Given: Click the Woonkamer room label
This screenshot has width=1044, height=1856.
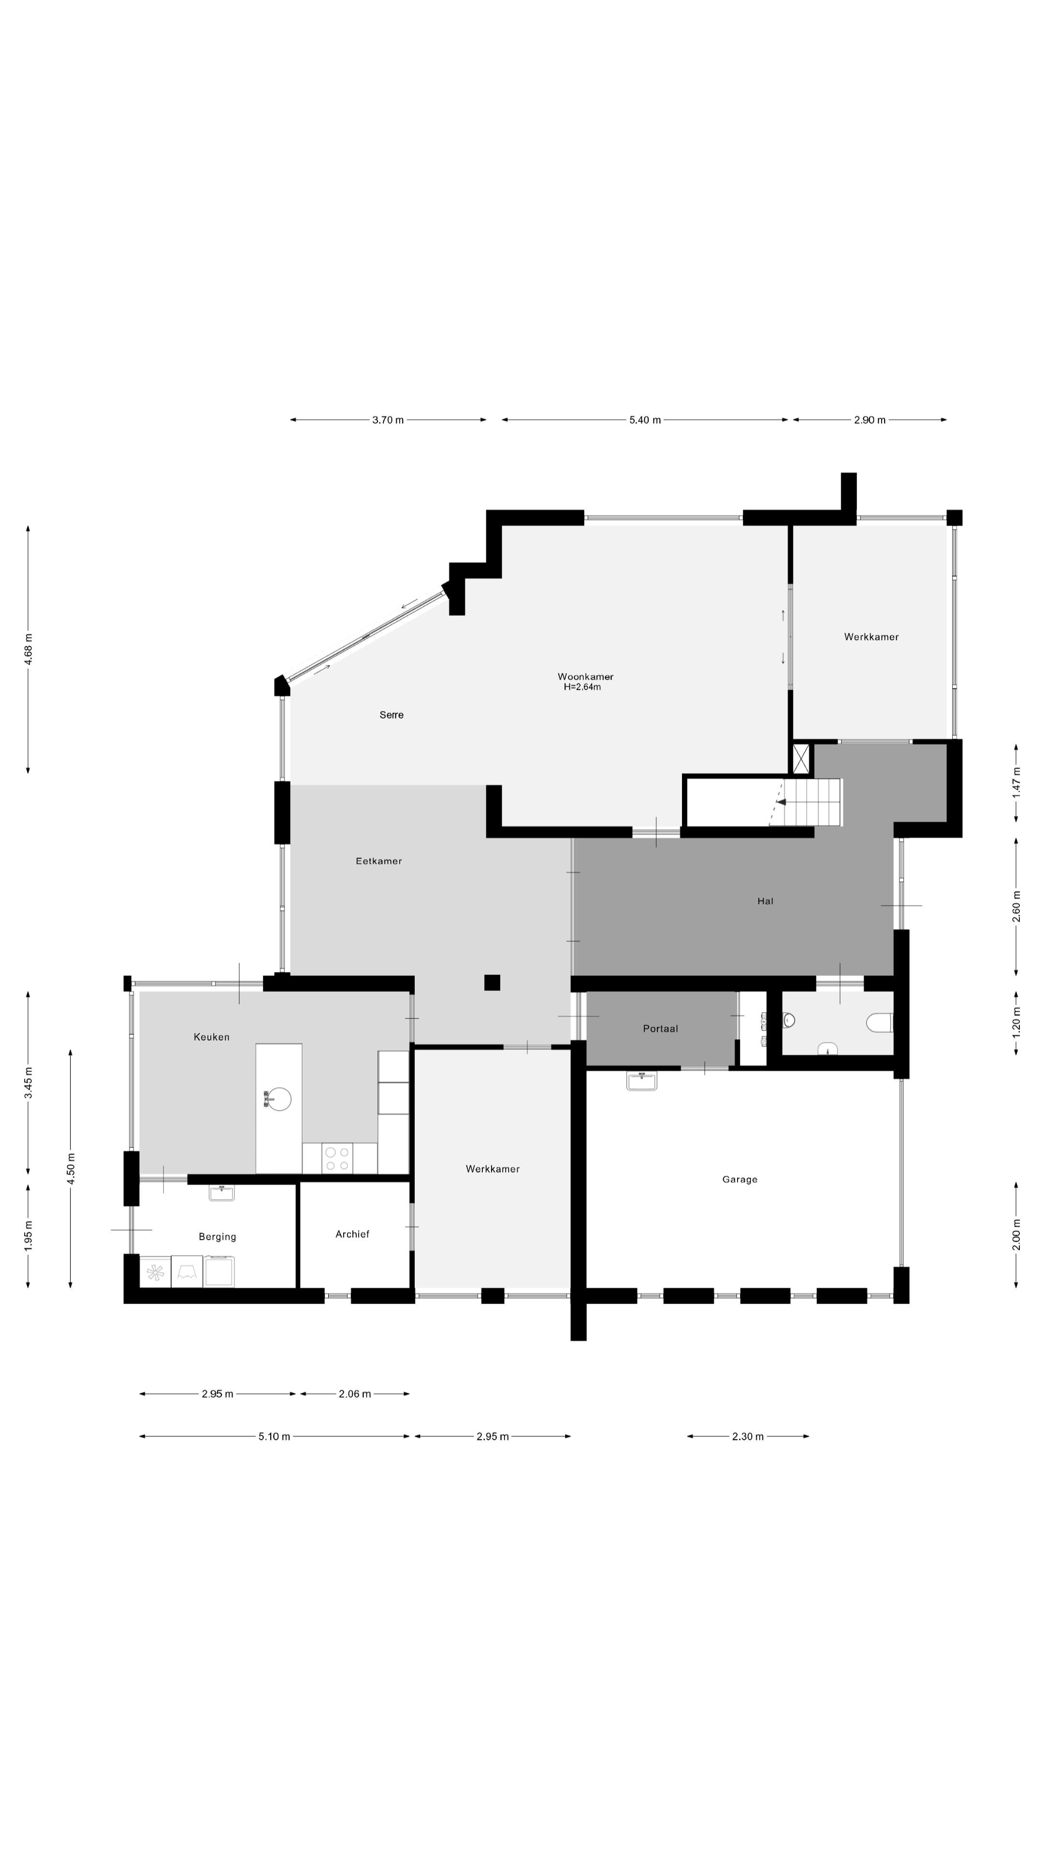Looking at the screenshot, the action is [585, 677].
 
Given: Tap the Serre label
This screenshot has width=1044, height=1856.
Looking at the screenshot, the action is [391, 715].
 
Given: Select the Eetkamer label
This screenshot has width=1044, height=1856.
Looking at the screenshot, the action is [378, 861].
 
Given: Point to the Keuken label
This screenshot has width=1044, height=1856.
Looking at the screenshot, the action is [211, 1037].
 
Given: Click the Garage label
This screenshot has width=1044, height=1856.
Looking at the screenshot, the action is [739, 1179].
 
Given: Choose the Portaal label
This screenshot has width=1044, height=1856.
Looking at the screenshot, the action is [660, 1029].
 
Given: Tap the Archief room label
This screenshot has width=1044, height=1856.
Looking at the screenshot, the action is [352, 1234].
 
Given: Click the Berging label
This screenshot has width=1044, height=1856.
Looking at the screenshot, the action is [217, 1236].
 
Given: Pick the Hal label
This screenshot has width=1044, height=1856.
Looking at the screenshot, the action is [765, 900].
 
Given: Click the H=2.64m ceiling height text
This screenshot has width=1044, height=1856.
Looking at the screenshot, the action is [582, 687].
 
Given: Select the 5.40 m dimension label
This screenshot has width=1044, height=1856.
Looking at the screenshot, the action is [645, 420].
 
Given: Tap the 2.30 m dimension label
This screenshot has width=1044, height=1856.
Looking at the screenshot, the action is [747, 1436].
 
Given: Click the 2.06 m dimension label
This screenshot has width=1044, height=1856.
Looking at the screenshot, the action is [354, 1394].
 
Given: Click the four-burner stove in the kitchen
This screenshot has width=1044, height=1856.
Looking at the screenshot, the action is [337, 1158].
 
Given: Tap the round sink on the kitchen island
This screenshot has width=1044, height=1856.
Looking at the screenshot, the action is [278, 1099].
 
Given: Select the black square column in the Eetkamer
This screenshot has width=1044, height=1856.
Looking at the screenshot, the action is [492, 982].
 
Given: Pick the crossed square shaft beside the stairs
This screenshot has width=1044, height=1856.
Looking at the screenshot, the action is [800, 759].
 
